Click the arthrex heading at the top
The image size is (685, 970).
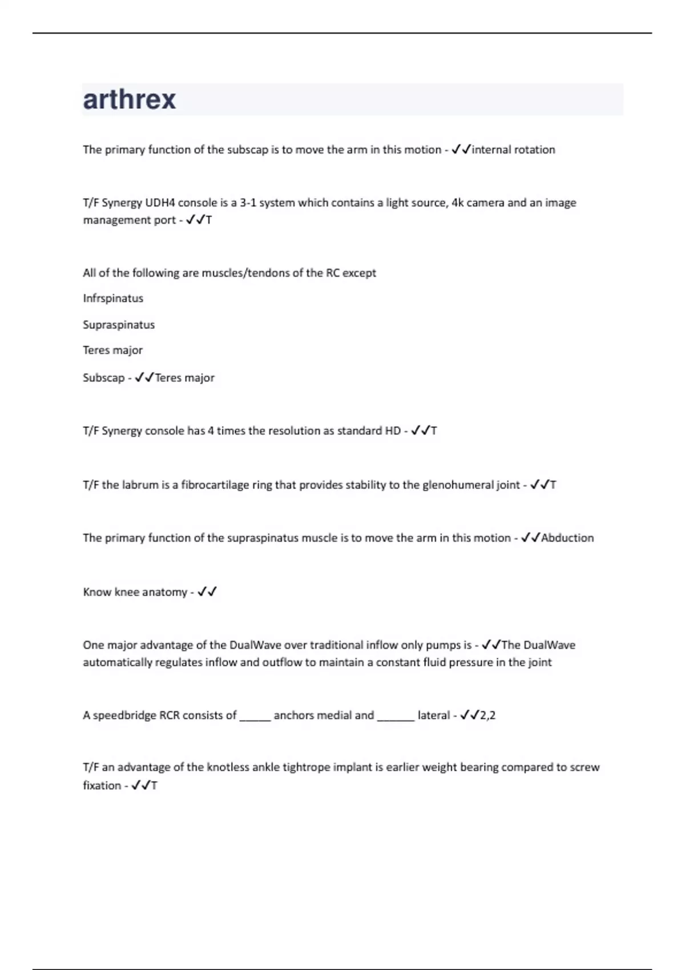(x=130, y=100)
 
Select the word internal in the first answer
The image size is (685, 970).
(x=491, y=149)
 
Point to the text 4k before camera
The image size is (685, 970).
(x=457, y=203)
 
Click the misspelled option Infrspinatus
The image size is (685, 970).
(x=113, y=298)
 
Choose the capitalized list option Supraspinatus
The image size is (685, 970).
(x=119, y=325)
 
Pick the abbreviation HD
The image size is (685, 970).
(x=393, y=431)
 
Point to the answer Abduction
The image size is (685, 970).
(x=567, y=538)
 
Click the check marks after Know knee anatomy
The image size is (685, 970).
(x=207, y=592)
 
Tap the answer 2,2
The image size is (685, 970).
(x=487, y=716)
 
